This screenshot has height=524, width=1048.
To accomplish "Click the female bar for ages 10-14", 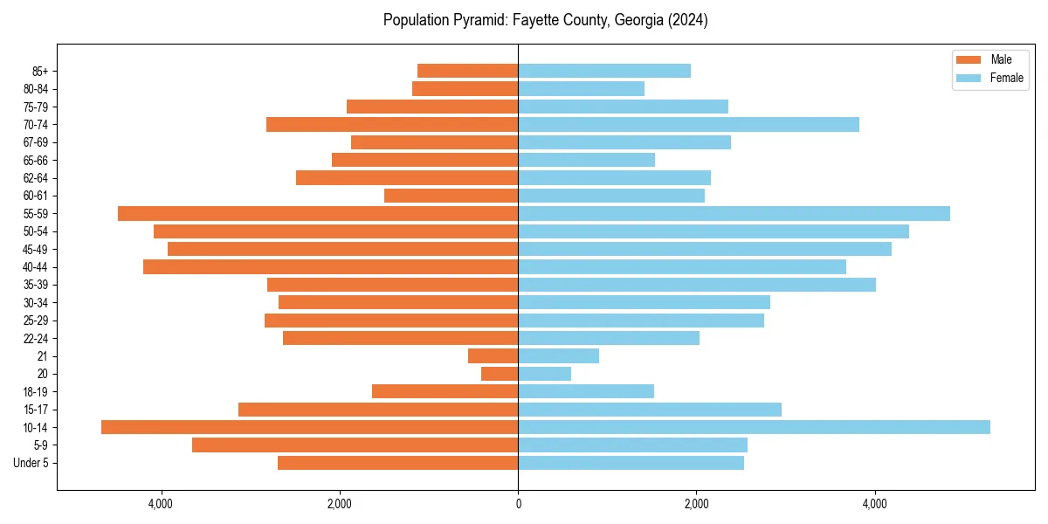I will [754, 427].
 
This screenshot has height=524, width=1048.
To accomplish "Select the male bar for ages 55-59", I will [318, 213].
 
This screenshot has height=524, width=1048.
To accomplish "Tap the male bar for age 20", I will [500, 374].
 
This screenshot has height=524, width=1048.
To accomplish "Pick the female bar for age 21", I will [558, 355].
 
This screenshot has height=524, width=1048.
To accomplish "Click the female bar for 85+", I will [604, 71].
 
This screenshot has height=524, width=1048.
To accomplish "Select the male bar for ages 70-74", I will [392, 124].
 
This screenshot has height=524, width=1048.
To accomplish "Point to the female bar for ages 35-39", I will [697, 285].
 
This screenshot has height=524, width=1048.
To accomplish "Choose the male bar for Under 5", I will [397, 463].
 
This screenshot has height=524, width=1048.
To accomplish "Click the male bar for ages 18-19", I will [445, 391].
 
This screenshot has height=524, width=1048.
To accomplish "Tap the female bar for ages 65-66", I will [586, 160].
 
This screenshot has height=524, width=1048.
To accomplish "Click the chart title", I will [545, 20].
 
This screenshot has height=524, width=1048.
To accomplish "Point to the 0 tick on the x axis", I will [518, 504].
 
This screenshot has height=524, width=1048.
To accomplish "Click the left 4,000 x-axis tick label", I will [161, 504].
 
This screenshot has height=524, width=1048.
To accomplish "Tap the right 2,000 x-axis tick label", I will [696, 504].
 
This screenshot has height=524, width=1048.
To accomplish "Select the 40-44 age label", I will [35, 267].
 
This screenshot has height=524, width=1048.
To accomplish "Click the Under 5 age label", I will [31, 463].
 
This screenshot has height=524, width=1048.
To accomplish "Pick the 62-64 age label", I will [35, 178].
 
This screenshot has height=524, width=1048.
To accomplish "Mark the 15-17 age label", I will [35, 410].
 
